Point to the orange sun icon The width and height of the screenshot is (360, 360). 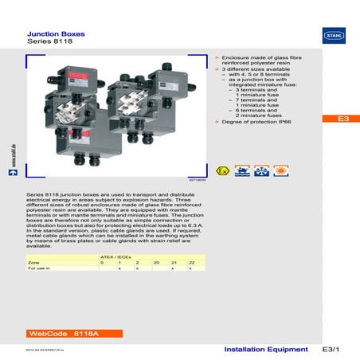pos(280,173)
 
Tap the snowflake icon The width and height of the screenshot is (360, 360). pos(261,173)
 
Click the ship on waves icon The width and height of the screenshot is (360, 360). pos(242,173)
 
